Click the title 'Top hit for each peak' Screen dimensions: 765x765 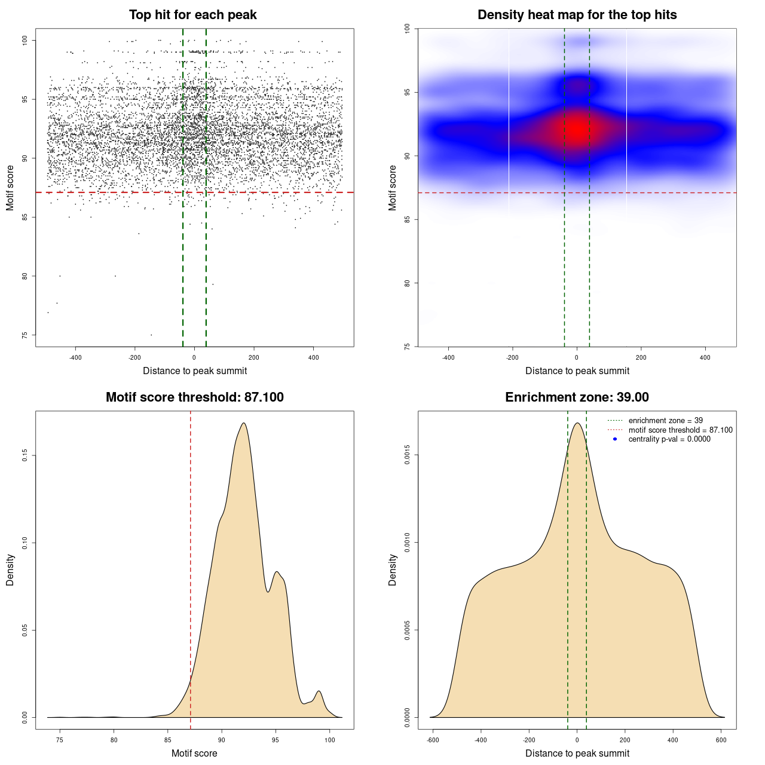(192, 15)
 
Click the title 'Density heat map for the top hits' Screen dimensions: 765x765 (577, 15)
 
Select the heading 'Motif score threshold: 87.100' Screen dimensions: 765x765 (194, 397)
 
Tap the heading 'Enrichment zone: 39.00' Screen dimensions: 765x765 (577, 397)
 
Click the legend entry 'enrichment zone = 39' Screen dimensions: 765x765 (665, 421)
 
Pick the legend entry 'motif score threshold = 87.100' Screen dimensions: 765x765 (680, 430)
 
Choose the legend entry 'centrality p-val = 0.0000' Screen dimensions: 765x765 (669, 439)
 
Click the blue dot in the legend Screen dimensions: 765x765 (615, 439)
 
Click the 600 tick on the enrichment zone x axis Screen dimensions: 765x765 (721, 740)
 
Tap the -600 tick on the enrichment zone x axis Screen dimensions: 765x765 (433, 740)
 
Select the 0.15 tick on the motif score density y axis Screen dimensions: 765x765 (25, 455)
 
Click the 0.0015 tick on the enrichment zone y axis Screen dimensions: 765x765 (407, 455)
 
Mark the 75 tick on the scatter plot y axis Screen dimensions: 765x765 (25, 335)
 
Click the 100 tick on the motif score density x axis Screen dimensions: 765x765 (330, 740)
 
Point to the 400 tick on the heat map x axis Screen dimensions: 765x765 (705, 357)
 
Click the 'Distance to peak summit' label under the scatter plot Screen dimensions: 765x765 (195, 371)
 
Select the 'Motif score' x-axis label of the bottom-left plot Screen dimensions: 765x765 (194, 754)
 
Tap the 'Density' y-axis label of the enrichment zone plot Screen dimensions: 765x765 (393, 570)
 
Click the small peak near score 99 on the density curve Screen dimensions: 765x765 (319, 691)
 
